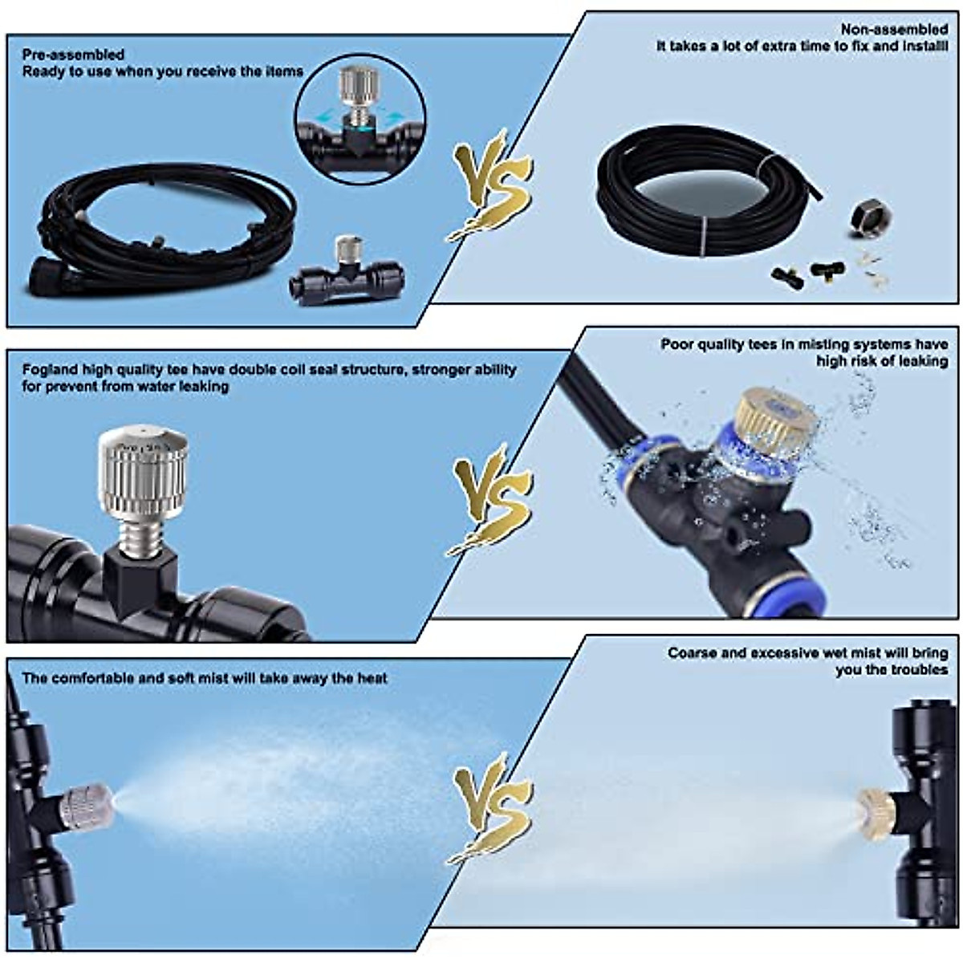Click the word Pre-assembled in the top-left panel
click(x=73, y=55)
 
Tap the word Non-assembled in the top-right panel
click(x=894, y=30)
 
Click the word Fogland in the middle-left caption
click(x=50, y=370)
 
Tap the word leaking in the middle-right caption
click(x=921, y=361)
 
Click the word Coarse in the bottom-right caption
click(x=692, y=653)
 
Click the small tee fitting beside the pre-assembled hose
click(x=347, y=270)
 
